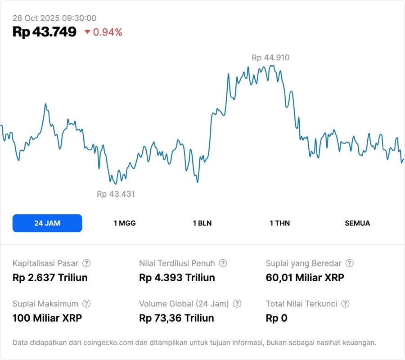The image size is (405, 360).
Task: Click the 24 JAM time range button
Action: pos(47,223)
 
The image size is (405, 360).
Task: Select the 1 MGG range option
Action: pos(125,223)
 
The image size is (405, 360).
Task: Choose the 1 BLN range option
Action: pos(202,223)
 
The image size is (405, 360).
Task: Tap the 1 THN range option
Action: pos(280,223)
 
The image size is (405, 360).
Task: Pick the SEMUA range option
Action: pos(357,223)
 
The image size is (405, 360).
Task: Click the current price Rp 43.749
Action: pos(45,32)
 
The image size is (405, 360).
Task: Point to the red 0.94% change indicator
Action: pos(103,32)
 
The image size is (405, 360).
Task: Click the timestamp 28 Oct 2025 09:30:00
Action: pos(54,18)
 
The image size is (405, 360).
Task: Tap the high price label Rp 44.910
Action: pos(270,58)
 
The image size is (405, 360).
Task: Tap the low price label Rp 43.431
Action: pos(116,194)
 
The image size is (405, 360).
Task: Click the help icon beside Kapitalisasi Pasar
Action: pos(86,263)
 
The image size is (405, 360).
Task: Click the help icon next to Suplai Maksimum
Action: pos(86,304)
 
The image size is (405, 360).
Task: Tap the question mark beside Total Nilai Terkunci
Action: pos(346,304)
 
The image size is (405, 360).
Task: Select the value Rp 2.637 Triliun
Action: pos(50,278)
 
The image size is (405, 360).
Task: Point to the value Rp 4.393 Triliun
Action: pos(177,278)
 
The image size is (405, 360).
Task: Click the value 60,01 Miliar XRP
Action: pos(305,278)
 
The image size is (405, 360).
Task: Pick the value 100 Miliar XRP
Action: pos(47,318)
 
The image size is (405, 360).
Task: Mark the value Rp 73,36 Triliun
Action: pos(176,318)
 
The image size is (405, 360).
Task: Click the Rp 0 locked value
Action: pos(276,318)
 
